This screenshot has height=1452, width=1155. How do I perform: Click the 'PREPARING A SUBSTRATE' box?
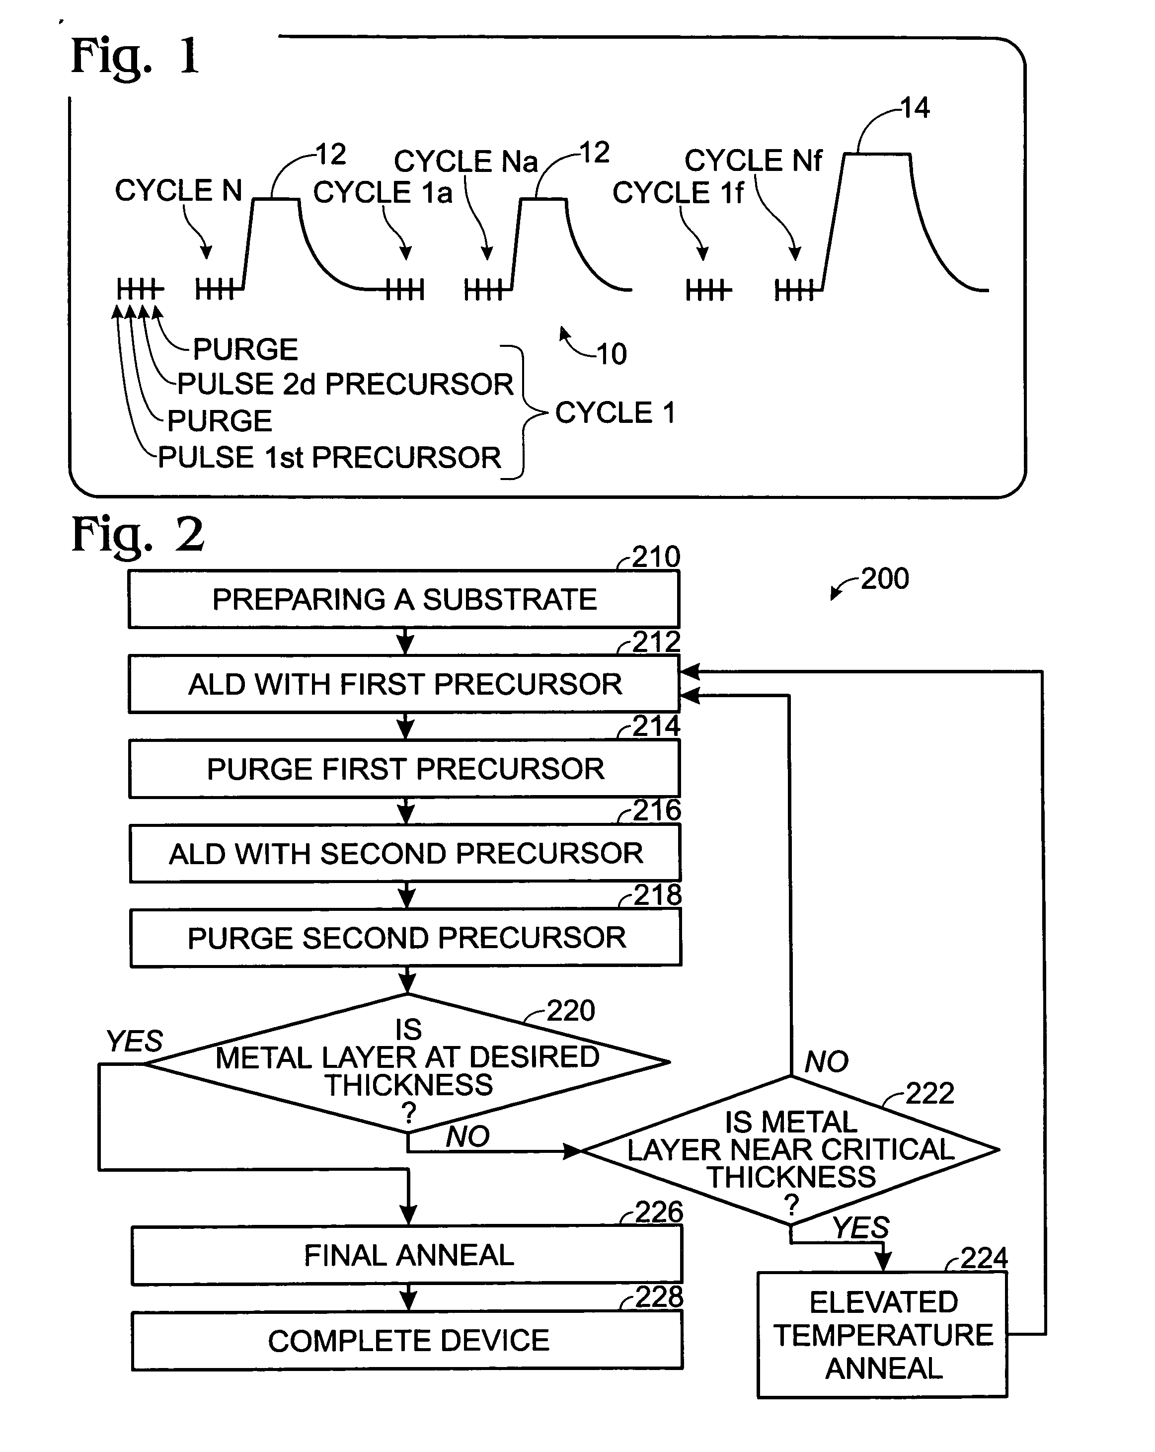[404, 599]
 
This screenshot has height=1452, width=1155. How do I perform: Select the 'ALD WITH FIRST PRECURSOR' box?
[404, 684]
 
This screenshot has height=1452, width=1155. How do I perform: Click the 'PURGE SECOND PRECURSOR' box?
[406, 938]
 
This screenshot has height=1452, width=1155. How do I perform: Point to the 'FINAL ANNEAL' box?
[407, 1255]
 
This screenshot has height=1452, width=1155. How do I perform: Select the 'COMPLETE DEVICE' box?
[408, 1341]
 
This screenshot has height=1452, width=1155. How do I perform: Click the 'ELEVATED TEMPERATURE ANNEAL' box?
[882, 1335]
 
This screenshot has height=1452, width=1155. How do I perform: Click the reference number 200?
[884, 578]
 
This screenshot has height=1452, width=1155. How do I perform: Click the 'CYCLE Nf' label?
[753, 161]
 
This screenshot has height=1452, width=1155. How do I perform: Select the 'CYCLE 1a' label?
[383, 193]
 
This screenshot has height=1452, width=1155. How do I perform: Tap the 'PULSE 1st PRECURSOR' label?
[329, 458]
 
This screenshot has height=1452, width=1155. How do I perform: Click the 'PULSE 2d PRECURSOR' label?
[345, 385]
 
